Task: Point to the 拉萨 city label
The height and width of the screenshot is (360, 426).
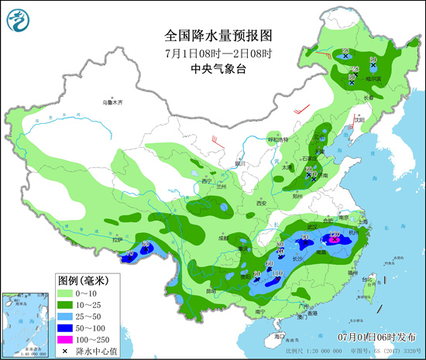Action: point(118,241)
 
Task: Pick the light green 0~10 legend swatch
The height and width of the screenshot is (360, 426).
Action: point(67,294)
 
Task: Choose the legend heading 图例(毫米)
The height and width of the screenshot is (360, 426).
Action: point(85,279)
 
